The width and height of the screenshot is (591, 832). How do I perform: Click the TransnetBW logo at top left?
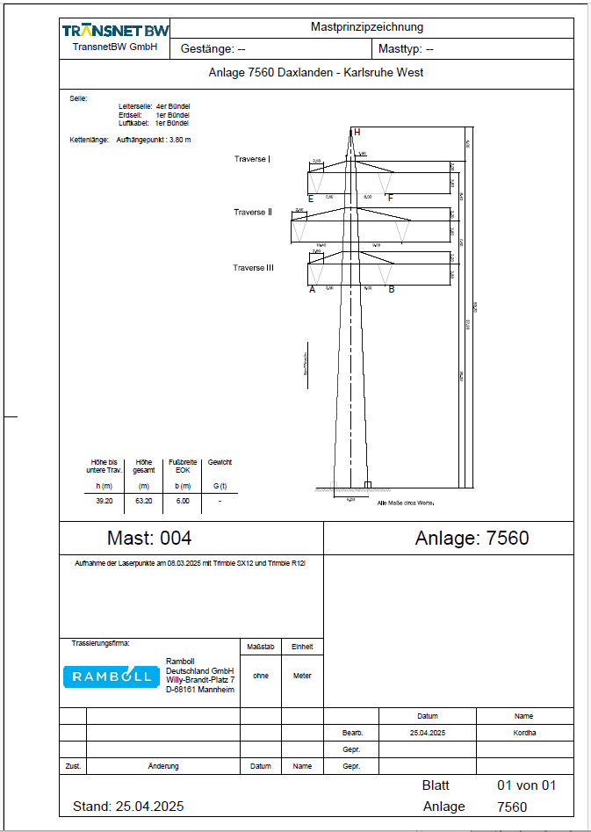pos(115,31)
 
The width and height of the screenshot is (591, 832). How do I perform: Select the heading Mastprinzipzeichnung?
pos(367,27)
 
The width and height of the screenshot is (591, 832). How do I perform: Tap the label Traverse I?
pos(252,159)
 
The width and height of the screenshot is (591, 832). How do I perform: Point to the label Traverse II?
pos(253,213)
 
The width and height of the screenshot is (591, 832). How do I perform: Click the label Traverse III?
pos(253,268)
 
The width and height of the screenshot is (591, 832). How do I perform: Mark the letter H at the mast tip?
pos(357,132)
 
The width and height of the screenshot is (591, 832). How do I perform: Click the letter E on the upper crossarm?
pos(311,199)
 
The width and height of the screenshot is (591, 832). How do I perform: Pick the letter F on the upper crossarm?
pos(390,199)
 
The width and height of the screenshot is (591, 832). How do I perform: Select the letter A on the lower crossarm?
pos(312,289)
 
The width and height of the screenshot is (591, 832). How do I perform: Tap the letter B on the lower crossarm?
pos(392,289)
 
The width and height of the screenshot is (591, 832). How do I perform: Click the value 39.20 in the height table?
pos(104,500)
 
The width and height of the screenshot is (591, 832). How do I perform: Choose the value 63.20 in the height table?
pos(144,500)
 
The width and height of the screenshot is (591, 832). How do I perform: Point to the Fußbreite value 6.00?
pos(183,500)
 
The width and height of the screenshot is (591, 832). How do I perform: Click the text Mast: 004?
pos(148,538)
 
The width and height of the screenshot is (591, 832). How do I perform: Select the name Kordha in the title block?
pos(524,732)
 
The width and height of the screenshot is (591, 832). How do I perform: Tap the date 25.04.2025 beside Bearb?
pos(428,732)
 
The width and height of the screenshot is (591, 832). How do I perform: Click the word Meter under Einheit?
pos(302,676)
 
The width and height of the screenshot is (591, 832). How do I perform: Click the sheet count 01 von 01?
pos(526,785)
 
